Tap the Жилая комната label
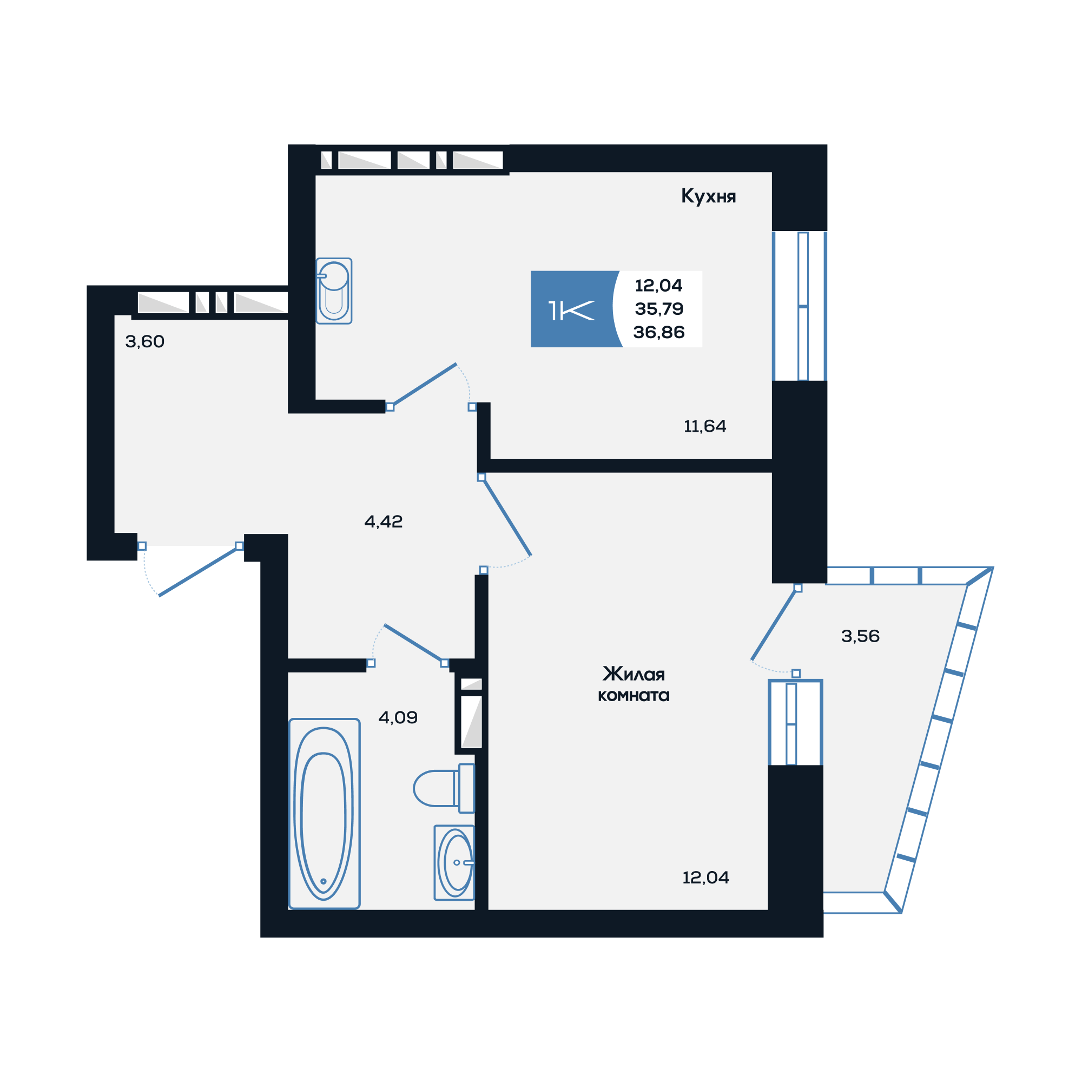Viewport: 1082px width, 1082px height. point(634,684)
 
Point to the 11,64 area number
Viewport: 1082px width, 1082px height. point(704,426)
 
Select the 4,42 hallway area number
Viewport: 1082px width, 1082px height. point(383,522)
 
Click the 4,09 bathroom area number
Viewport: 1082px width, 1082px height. point(398,717)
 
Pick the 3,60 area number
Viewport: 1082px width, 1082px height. point(144,341)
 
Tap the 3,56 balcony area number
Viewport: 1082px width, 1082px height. point(860,636)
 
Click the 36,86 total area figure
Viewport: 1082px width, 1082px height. point(658,332)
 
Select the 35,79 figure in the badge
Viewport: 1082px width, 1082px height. point(658,308)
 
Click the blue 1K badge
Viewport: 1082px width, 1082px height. point(573,309)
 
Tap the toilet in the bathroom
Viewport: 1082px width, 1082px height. point(444,788)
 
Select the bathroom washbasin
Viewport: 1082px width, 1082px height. point(454,862)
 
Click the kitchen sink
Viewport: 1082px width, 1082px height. point(334,291)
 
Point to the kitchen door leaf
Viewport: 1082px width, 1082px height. point(423,385)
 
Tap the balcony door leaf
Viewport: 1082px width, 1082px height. point(774,624)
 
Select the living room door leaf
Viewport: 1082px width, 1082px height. point(506,516)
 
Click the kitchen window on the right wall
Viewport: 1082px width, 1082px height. point(799,306)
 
